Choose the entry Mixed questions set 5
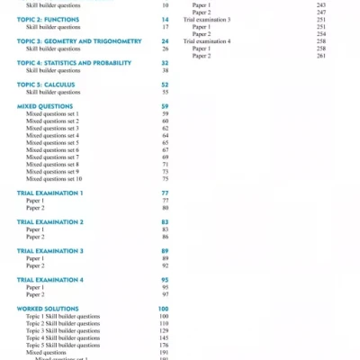coord(52,142)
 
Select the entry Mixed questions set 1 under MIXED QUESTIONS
coord(52,113)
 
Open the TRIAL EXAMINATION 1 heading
coord(50,193)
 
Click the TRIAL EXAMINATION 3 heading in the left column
coord(50,251)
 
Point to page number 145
coord(164,337)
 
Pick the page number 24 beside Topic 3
coord(166,41)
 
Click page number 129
coord(164,330)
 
